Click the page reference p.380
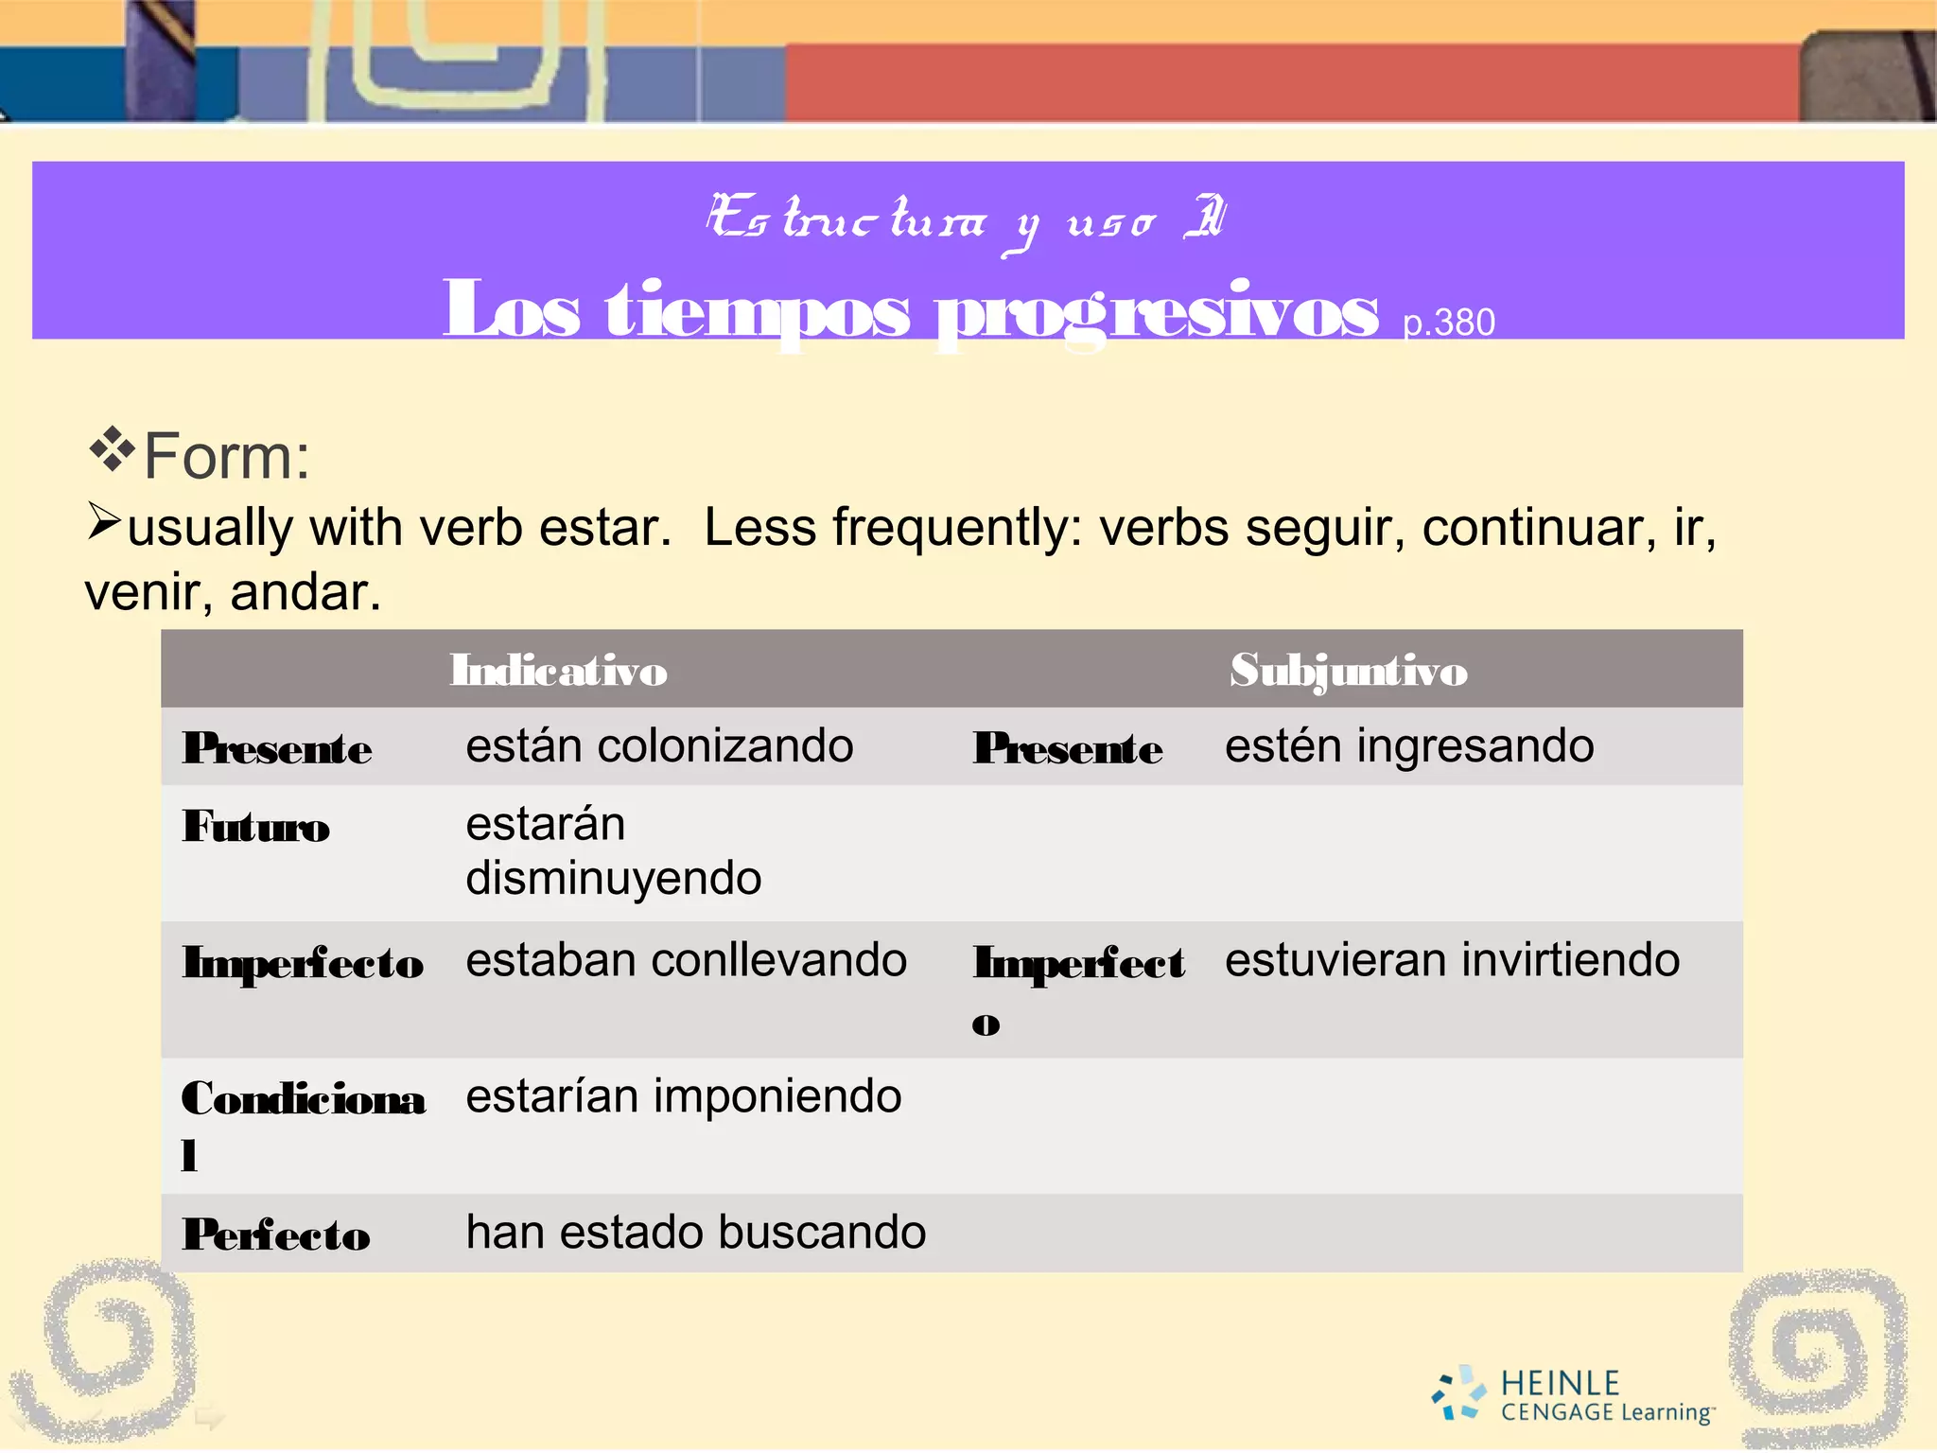pyautogui.click(x=1449, y=324)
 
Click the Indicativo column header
pyautogui.click(x=558, y=671)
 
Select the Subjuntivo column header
pyautogui.click(x=1349, y=671)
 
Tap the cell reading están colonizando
pyautogui.click(x=659, y=746)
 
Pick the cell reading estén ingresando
pyautogui.click(x=1409, y=746)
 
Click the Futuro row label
pyautogui.click(x=256, y=827)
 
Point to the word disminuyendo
pyautogui.click(x=614, y=879)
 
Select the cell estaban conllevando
pyautogui.click(x=686, y=960)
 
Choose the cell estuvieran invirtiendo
pyautogui.click(x=1452, y=960)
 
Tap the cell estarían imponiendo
pyautogui.click(x=683, y=1096)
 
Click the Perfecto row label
pyautogui.click(x=276, y=1234)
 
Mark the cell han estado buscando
pyautogui.click(x=695, y=1233)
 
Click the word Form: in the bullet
pyautogui.click(x=227, y=457)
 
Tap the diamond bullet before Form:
pyautogui.click(x=111, y=449)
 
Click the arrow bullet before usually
pyautogui.click(x=103, y=521)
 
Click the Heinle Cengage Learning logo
pyautogui.click(x=1573, y=1395)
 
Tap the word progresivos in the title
pyautogui.click(x=1156, y=312)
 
